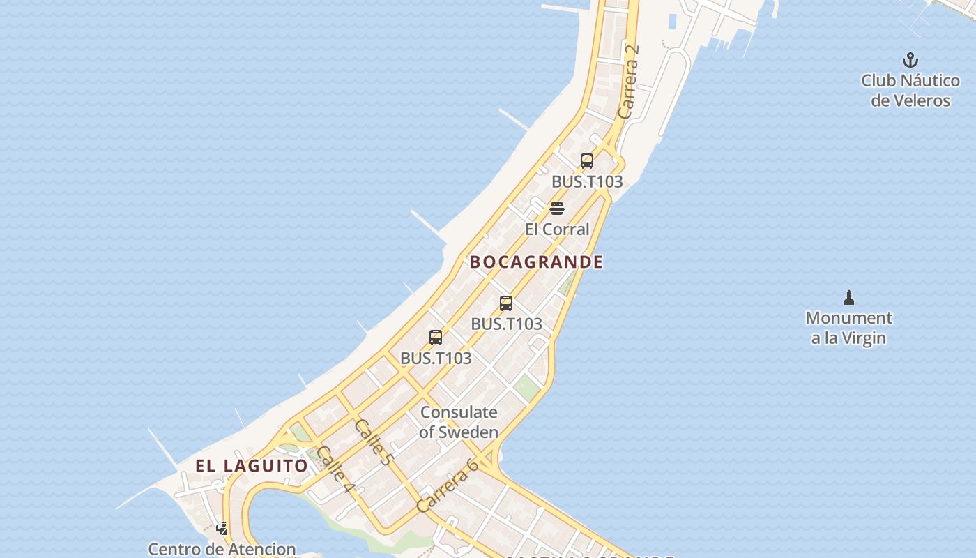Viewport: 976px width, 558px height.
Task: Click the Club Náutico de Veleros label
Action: point(910,91)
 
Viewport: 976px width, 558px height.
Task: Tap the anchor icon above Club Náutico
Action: point(910,60)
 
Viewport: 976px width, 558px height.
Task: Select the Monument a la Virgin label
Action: point(848,328)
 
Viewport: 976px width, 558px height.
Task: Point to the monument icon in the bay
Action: point(848,299)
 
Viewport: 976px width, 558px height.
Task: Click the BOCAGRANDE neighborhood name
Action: point(536,262)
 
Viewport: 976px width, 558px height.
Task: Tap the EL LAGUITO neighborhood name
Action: point(251,466)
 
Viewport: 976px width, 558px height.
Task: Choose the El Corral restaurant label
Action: point(557,229)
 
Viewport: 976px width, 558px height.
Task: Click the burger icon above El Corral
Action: point(556,209)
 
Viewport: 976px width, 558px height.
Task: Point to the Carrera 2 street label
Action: point(628,82)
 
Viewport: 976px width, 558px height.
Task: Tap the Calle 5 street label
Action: point(373,442)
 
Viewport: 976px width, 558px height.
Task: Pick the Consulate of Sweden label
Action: point(459,422)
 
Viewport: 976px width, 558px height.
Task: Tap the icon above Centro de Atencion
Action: point(222,529)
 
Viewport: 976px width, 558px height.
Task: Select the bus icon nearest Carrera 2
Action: point(587,162)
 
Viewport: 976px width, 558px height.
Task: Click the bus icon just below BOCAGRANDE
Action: point(506,303)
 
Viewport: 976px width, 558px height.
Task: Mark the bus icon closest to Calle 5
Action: point(436,338)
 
